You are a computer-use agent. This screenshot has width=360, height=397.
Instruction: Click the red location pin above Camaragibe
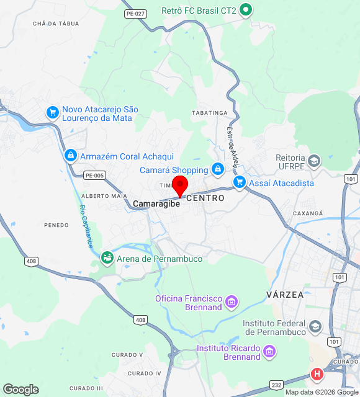(x=180, y=185)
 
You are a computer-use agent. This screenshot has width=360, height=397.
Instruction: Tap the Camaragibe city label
(x=156, y=203)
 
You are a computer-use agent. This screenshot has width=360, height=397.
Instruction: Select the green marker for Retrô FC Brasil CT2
(x=246, y=9)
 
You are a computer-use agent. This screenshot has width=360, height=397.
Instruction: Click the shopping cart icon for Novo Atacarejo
(x=53, y=112)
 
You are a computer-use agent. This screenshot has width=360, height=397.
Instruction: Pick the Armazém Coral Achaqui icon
(x=70, y=155)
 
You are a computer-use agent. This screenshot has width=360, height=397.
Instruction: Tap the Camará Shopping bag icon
(x=217, y=169)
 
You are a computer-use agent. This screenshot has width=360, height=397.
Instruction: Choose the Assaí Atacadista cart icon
(x=240, y=182)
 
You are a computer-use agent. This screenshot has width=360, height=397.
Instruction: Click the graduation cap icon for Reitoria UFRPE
(x=315, y=161)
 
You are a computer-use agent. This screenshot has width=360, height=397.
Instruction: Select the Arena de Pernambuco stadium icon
(x=107, y=257)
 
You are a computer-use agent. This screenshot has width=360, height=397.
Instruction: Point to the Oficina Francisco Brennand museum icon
(x=232, y=302)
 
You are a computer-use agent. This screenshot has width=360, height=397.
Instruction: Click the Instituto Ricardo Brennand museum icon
(x=269, y=352)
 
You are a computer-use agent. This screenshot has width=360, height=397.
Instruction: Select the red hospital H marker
(x=317, y=375)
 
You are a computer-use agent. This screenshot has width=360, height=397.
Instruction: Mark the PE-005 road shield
(x=94, y=176)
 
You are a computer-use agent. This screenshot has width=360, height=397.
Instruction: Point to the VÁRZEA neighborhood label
(x=285, y=295)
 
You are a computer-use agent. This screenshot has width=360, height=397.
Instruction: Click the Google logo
(x=20, y=390)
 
